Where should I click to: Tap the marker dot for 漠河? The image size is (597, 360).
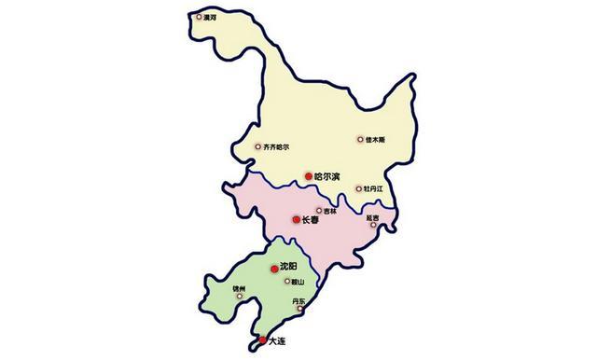198,16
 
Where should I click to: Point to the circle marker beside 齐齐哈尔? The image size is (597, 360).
258,145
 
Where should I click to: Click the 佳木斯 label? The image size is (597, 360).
375,140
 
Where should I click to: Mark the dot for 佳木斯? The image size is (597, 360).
361,140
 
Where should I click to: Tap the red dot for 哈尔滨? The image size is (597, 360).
309,175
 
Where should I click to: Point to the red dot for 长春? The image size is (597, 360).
297,220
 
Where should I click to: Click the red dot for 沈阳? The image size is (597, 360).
274,269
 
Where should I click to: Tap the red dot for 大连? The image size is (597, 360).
262,339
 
